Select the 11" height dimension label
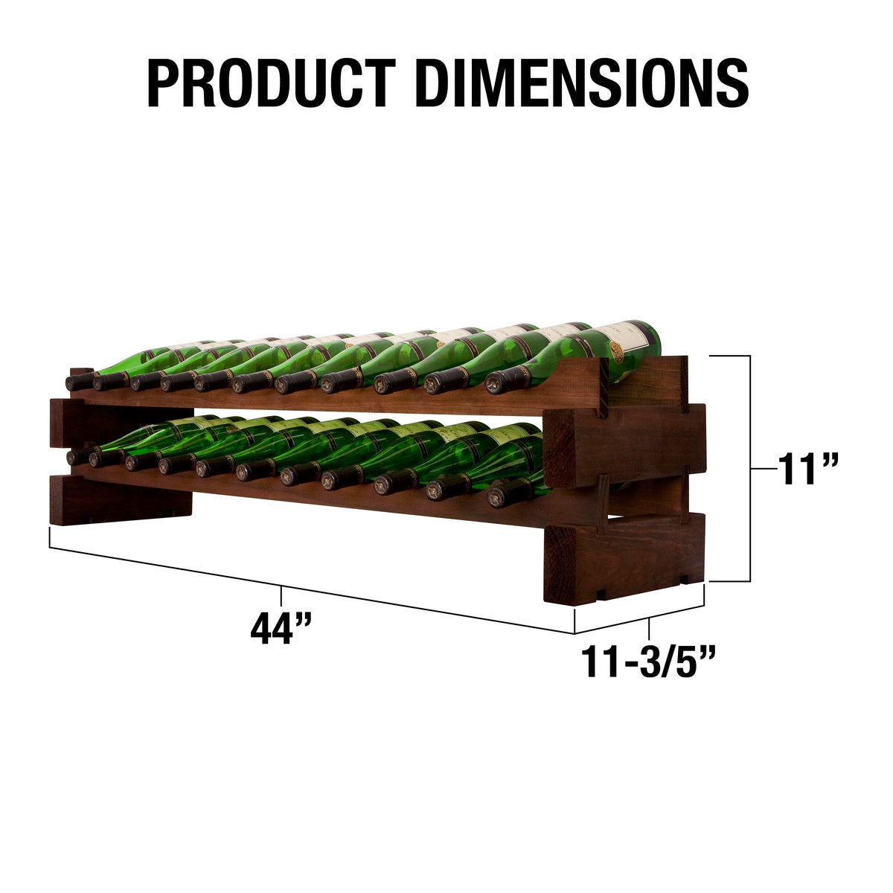[808, 469]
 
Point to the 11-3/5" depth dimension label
[649, 662]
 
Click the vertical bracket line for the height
[749, 469]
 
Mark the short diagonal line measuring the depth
[640, 619]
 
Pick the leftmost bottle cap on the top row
[77, 383]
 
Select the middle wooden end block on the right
[625, 445]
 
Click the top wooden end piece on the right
[647, 380]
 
